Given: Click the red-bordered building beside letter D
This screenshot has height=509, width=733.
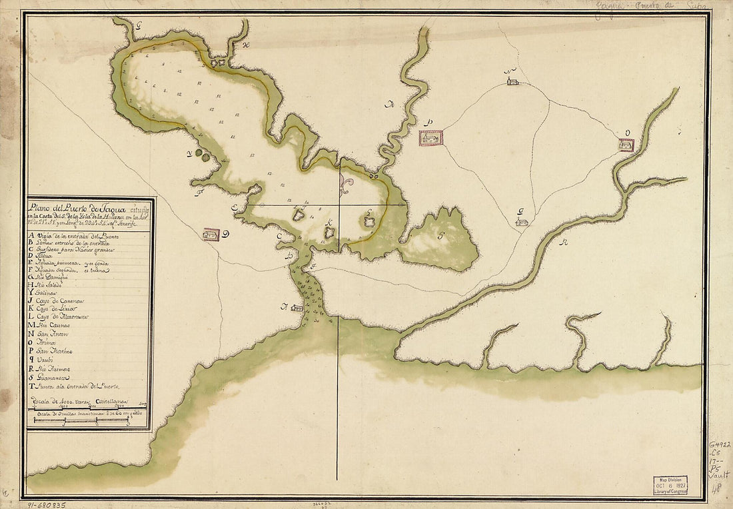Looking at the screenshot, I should (211, 235).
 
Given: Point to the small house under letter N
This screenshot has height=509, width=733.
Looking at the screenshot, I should (512, 81).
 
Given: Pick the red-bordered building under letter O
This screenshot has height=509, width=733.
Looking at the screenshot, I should (626, 145).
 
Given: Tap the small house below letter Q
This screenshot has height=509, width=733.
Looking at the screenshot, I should (522, 221).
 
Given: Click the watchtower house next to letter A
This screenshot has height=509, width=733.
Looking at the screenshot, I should (297, 308).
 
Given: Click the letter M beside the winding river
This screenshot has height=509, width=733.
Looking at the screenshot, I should (390, 103).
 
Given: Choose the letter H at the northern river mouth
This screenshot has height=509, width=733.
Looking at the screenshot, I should (245, 45).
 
